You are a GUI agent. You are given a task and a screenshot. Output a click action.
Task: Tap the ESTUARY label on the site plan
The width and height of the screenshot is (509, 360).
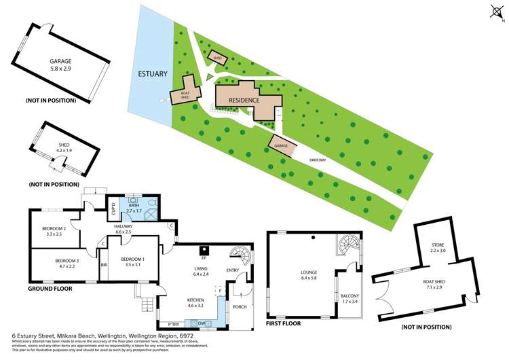pyautogui.click(x=148, y=73)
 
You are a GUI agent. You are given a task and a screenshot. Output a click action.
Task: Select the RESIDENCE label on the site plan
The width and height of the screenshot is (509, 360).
pyautogui.click(x=244, y=100)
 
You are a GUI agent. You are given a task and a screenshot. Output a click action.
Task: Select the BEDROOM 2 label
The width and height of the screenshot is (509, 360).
pyautogui.click(x=54, y=231)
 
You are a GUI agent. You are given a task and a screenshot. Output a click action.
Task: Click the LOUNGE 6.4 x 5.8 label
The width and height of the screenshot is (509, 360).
pyautogui.click(x=309, y=277)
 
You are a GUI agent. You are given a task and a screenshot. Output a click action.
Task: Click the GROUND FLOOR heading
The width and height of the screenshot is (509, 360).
pyautogui.click(x=50, y=289)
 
